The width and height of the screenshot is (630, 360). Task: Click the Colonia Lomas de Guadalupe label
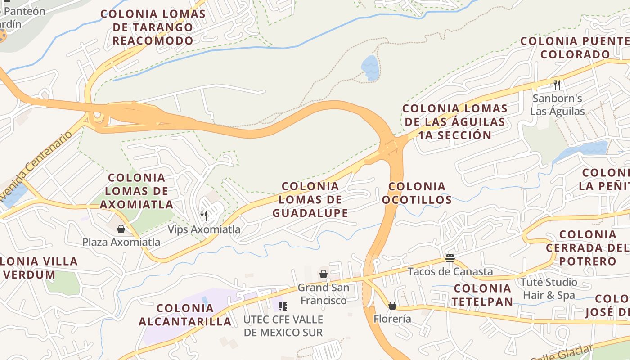click(x=310, y=199)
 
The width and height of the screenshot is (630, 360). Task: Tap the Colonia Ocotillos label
click(x=417, y=193)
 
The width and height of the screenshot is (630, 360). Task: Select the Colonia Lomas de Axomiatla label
click(x=136, y=191)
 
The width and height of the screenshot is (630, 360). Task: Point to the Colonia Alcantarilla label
click(x=185, y=315)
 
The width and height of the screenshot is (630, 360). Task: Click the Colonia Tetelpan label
click(x=482, y=295)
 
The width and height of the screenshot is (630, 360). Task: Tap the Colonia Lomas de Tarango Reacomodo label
click(x=153, y=27)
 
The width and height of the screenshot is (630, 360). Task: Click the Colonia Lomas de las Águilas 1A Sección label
click(x=455, y=121)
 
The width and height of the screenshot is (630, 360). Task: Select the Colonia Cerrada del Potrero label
click(x=587, y=247)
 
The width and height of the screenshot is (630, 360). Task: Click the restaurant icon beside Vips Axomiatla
click(x=204, y=216)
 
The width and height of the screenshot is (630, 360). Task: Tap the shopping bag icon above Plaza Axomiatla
click(x=121, y=229)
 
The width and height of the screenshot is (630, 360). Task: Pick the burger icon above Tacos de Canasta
click(x=450, y=258)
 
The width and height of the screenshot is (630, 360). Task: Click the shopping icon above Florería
click(x=392, y=306)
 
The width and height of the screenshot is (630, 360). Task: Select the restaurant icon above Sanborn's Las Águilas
click(x=557, y=85)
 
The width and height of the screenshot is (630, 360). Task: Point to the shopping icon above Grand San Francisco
click(x=323, y=274)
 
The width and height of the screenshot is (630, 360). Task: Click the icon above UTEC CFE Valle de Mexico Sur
click(x=283, y=306)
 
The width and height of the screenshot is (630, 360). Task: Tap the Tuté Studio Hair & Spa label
click(x=549, y=288)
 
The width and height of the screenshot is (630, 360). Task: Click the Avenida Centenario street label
click(x=36, y=160)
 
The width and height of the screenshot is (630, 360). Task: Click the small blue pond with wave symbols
click(x=370, y=67)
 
